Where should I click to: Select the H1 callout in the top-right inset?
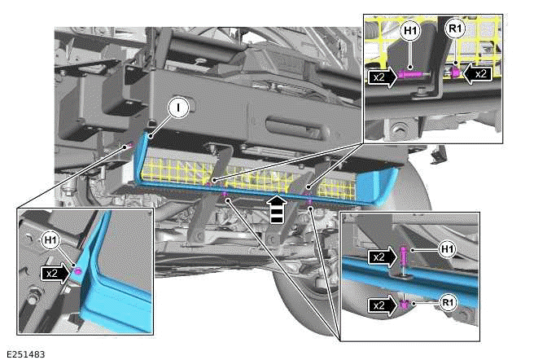(x=410, y=33)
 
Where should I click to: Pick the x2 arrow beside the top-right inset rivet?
(x=478, y=73)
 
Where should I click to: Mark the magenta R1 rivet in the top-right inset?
(x=455, y=73)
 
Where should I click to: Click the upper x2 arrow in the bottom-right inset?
(x=381, y=257)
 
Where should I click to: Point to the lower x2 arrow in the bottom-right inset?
(x=381, y=305)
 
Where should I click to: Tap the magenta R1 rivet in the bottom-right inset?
(x=404, y=305)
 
